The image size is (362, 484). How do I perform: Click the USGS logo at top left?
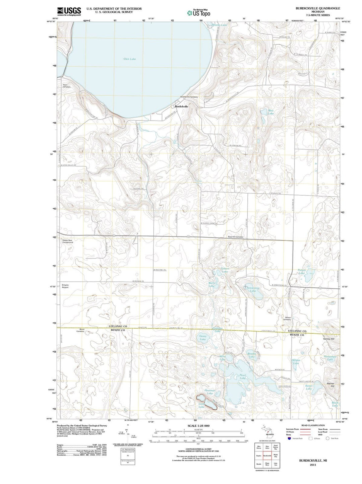coord(69,11)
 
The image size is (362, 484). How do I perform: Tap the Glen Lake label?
coord(129,59)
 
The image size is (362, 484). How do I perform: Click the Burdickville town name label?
coord(181,106)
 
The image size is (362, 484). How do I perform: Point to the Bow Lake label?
coord(271,112)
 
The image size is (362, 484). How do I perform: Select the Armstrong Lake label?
coord(253,289)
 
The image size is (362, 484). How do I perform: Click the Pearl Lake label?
coord(243,376)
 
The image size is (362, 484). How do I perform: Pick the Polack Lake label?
coord(302,271)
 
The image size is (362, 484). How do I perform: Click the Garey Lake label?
coord(203,338)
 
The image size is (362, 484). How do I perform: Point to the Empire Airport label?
coord(65,286)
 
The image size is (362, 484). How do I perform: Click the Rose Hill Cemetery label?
coord(236,237)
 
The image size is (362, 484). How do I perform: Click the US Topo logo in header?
coord(199,13)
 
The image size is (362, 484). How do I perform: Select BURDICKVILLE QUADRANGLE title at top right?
coord(313,8)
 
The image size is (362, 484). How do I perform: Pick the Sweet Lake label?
coord(309,387)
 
